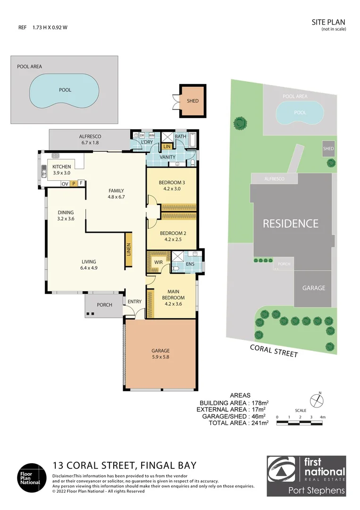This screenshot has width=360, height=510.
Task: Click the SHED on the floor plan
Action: pyautogui.click(x=193, y=101)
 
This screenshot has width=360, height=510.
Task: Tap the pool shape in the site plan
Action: pyautogui.click(x=300, y=113)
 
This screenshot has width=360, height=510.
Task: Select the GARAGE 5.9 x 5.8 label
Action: pyautogui.click(x=160, y=354)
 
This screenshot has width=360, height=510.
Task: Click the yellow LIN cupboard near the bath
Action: pyautogui.click(x=167, y=147)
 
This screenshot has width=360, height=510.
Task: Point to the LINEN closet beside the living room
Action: pyautogui.click(x=128, y=250)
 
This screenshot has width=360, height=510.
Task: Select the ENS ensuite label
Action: pyautogui.click(x=190, y=264)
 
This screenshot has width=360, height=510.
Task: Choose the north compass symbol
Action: pyautogui.click(x=319, y=399)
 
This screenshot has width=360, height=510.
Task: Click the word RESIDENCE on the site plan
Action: pyautogui.click(x=290, y=223)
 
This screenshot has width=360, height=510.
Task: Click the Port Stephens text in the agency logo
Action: pyautogui.click(x=317, y=490)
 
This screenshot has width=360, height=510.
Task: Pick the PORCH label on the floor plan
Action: pyautogui.click(x=104, y=305)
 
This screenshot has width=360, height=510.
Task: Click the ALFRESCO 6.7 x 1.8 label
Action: pyautogui.click(x=90, y=139)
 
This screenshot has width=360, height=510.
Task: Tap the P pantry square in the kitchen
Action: pyautogui.click(x=74, y=183)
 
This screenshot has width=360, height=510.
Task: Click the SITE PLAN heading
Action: pyautogui.click(x=329, y=22)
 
